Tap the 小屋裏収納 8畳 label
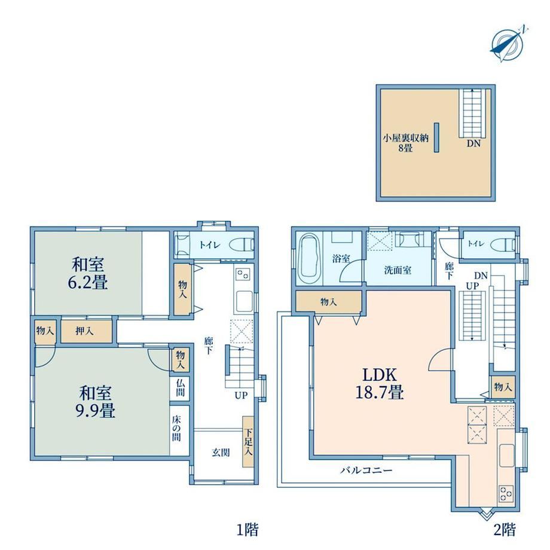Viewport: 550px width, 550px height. click(x=405, y=143)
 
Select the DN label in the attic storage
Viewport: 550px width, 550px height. click(x=473, y=143)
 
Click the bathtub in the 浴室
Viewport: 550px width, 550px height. click(x=310, y=259)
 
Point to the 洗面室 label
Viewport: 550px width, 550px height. click(x=398, y=270)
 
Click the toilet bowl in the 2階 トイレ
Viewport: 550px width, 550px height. click(x=503, y=245)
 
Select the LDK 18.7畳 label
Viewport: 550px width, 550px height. click(x=380, y=383)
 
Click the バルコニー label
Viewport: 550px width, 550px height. click(x=366, y=470)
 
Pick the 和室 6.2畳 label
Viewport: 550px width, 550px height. click(x=88, y=273)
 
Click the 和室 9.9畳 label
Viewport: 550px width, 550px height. click(x=96, y=402)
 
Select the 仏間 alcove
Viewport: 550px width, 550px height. click(x=180, y=387)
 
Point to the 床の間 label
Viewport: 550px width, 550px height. click(x=176, y=428)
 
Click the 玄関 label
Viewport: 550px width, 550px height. click(x=221, y=453)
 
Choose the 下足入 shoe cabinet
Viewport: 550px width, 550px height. click(x=248, y=442)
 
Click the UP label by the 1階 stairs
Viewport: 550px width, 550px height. click(x=241, y=395)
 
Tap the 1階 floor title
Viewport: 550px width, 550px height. click(x=247, y=529)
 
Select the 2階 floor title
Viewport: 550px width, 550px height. click(x=505, y=529)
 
